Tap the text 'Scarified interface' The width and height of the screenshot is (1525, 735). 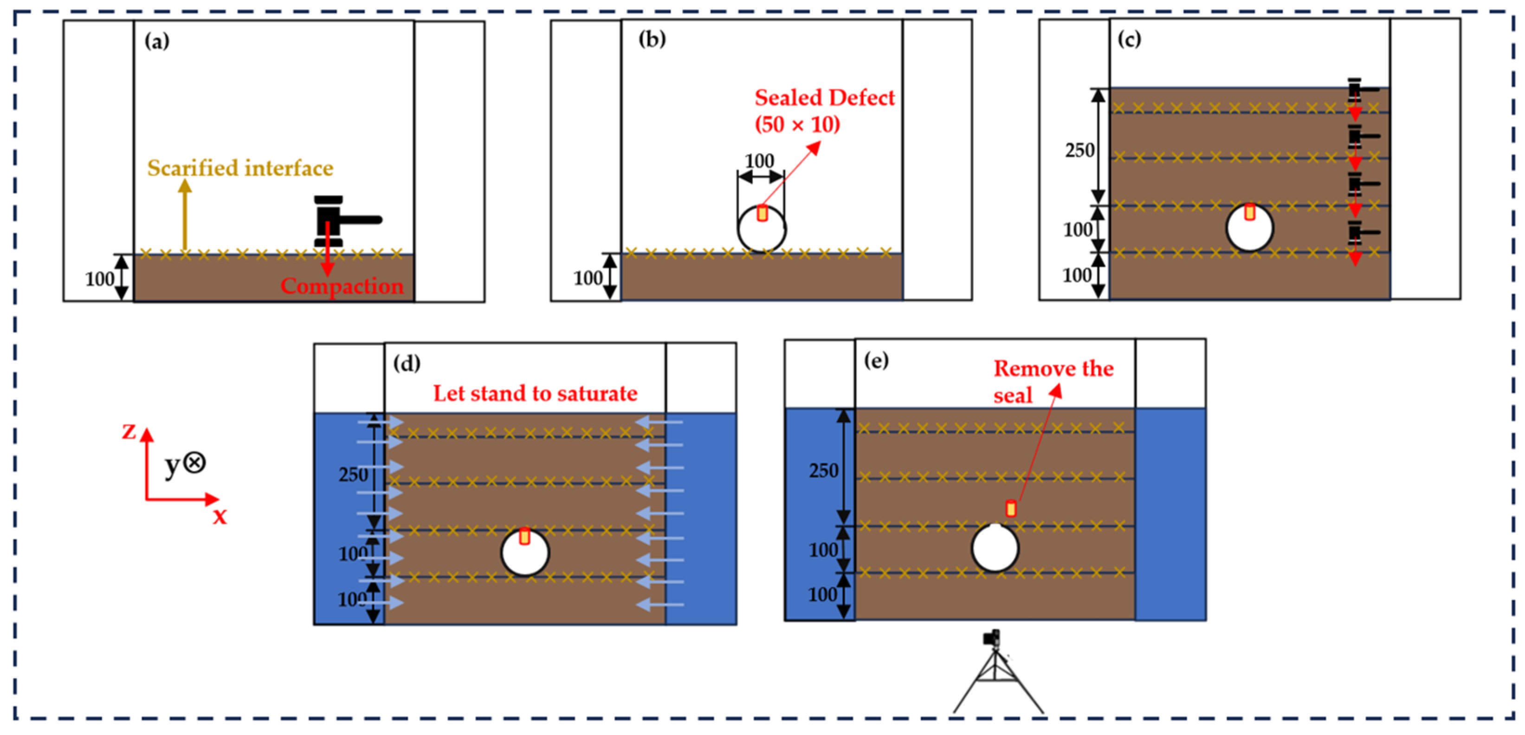240,168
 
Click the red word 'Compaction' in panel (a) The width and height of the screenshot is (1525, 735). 342,286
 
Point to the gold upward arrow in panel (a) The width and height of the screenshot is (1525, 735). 185,215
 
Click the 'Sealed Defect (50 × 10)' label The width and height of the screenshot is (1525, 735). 825,111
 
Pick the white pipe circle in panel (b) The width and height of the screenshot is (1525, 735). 762,229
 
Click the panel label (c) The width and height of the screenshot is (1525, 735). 1129,39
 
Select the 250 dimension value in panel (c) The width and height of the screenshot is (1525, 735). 1080,150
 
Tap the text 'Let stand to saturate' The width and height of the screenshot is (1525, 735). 535,393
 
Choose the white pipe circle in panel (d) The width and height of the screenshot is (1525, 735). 525,552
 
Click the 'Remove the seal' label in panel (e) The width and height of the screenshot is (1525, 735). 1053,381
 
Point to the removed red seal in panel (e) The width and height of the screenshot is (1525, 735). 1011,508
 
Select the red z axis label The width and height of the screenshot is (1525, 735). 129,431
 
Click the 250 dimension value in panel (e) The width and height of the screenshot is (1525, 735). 824,471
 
